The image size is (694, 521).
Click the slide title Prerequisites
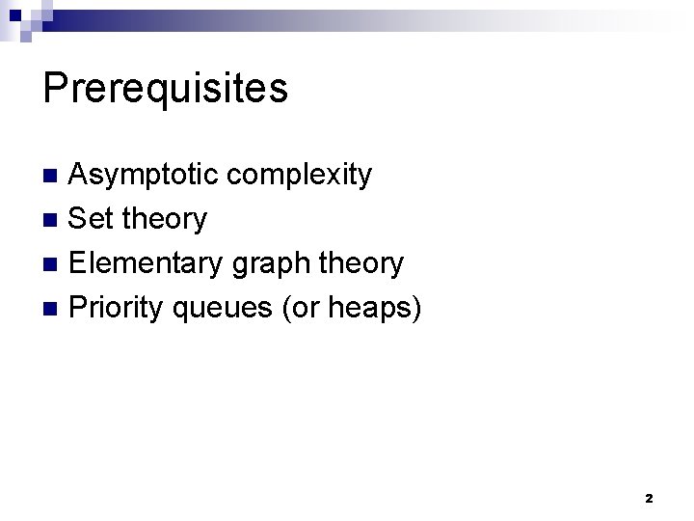[x=165, y=88]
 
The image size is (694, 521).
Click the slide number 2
[x=649, y=498]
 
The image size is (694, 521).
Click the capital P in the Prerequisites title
[x=55, y=88]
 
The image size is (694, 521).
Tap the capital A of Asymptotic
[x=82, y=176]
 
